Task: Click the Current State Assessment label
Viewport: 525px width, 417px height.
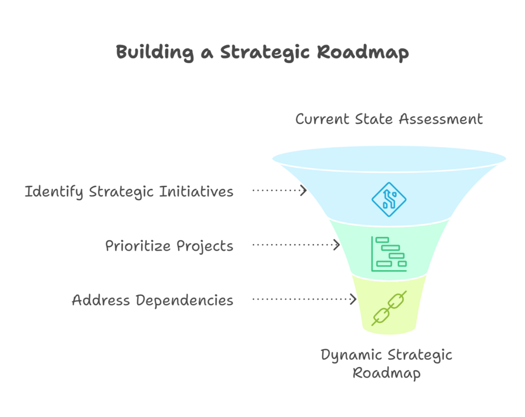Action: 389,119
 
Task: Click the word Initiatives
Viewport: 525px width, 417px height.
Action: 197,192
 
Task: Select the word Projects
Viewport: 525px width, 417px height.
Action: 205,246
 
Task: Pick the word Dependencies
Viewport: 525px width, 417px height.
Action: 185,300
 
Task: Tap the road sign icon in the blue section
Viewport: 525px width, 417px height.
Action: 389,199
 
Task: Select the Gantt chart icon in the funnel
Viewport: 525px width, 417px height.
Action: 389,253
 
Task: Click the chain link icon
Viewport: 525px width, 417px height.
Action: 389,308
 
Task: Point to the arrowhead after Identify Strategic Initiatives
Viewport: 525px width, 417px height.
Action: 304,191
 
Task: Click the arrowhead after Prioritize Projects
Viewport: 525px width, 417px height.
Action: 337,245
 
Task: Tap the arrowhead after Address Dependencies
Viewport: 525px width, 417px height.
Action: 353,299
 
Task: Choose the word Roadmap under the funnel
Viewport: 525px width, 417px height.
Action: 387,373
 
